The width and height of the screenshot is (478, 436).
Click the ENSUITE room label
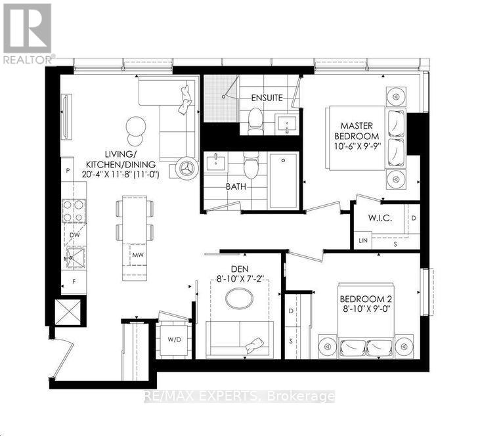(x=267, y=98)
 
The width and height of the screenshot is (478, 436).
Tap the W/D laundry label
(x=174, y=340)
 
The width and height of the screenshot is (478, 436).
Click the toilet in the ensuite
(x=255, y=120)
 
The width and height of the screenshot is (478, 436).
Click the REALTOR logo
(x=27, y=33)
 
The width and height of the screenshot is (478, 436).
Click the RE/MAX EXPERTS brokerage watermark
(x=239, y=397)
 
